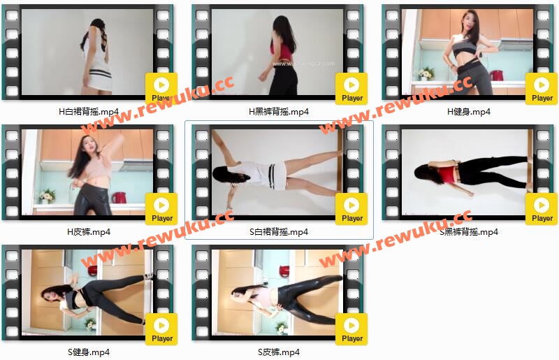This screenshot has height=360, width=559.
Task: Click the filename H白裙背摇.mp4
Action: [89, 112]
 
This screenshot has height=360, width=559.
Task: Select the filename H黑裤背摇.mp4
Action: [278, 112]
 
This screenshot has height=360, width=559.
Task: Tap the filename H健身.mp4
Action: [468, 112]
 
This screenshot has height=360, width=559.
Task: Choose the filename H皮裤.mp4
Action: [89, 232]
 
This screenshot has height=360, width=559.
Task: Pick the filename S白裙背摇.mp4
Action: [278, 232]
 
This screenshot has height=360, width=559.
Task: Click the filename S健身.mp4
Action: [89, 352]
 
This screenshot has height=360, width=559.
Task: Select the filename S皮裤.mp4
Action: [278, 352]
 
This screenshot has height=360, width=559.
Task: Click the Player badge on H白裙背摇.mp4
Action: [161, 89]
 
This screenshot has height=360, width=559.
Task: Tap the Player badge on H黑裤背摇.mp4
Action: [351, 89]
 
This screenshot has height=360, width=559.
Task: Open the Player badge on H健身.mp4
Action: [542, 89]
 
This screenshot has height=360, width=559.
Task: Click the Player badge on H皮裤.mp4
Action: [161, 209]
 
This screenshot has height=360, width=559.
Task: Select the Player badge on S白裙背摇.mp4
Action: [351, 209]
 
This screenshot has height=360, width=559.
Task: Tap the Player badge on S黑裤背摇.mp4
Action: [542, 209]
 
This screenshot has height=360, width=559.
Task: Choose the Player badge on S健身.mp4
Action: [161, 329]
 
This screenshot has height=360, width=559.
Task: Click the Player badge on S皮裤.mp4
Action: [351, 329]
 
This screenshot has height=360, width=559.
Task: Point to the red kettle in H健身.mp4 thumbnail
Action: [496, 75]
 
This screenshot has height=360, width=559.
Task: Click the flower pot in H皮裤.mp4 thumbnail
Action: [47, 196]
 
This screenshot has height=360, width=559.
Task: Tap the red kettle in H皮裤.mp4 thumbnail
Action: [118, 197]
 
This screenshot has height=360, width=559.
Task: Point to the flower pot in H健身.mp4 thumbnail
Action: [426, 74]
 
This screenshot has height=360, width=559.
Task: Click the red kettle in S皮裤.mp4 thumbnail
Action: [284, 271]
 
